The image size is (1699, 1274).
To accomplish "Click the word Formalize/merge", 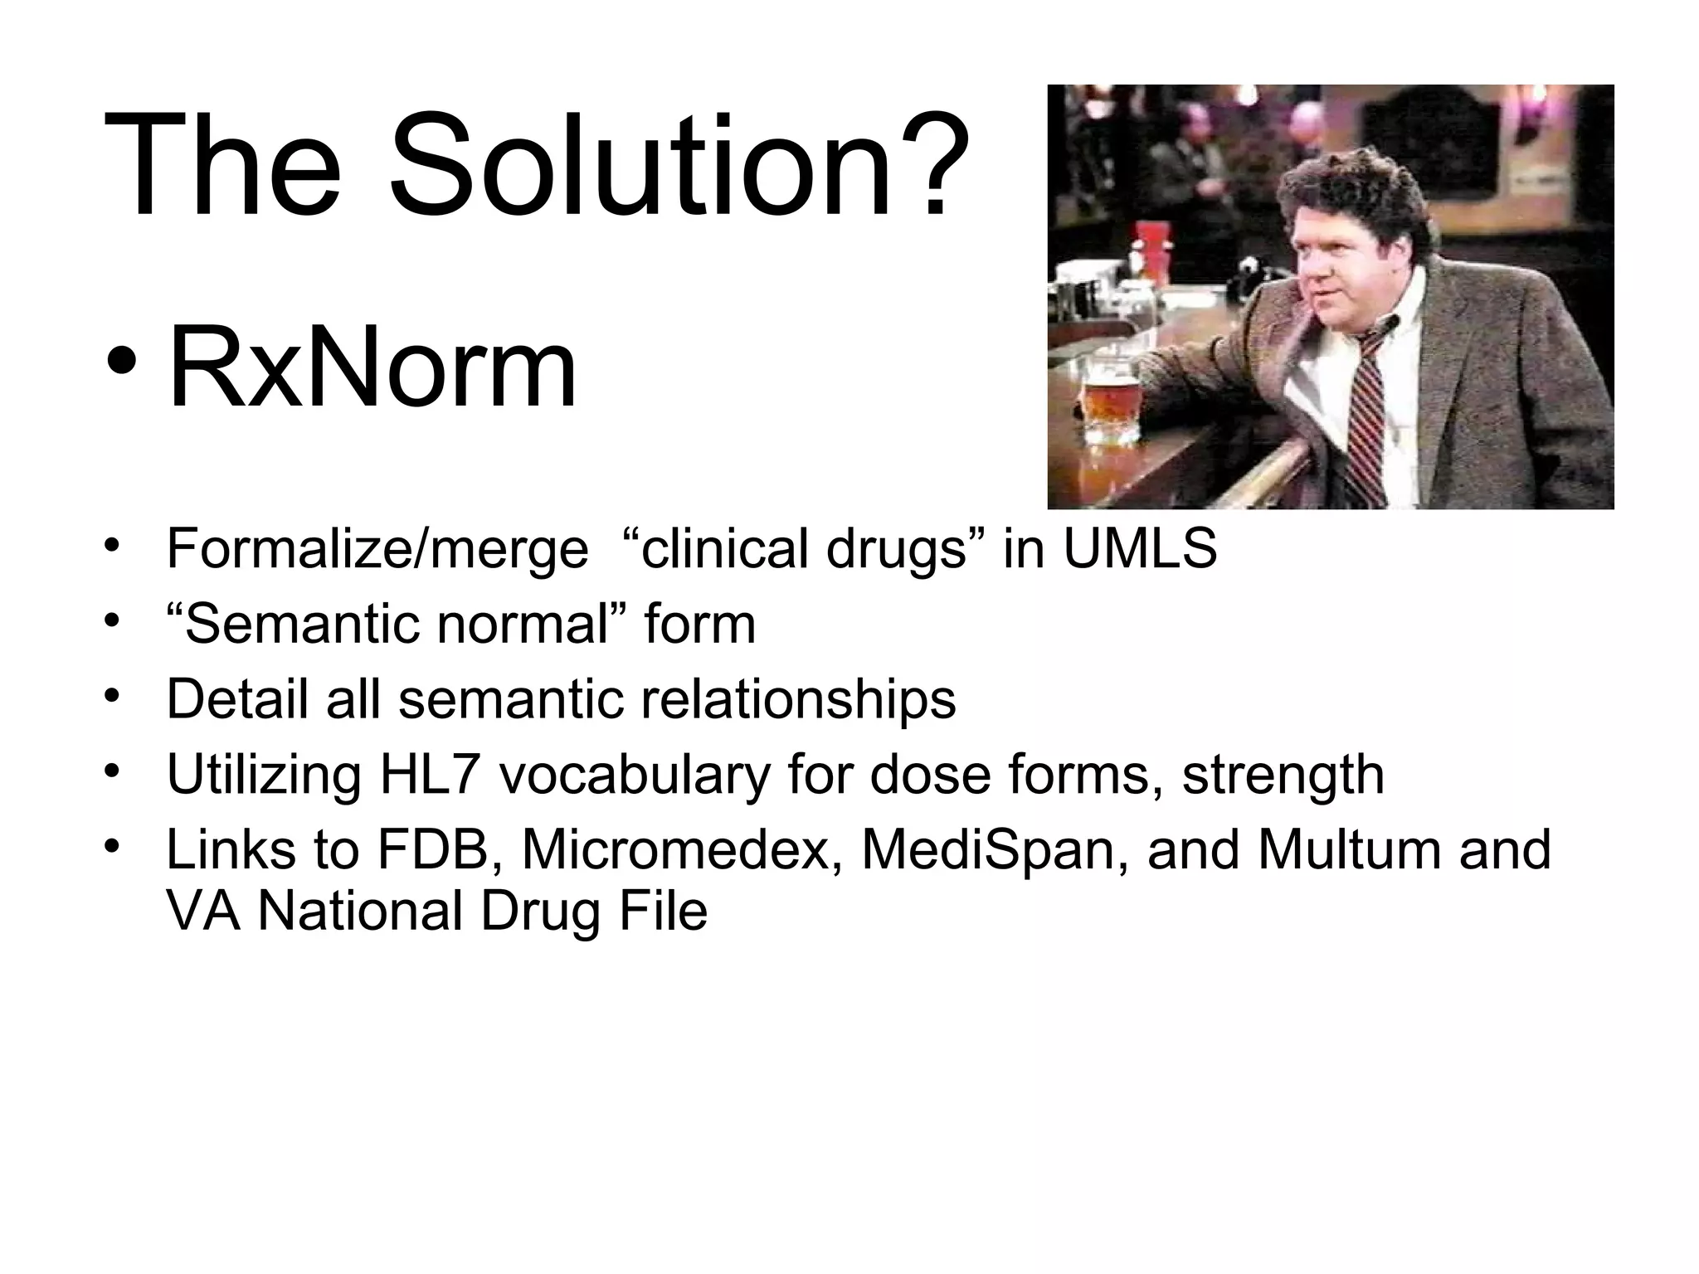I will point(377,551).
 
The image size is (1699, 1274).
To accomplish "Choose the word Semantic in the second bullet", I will point(306,625).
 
